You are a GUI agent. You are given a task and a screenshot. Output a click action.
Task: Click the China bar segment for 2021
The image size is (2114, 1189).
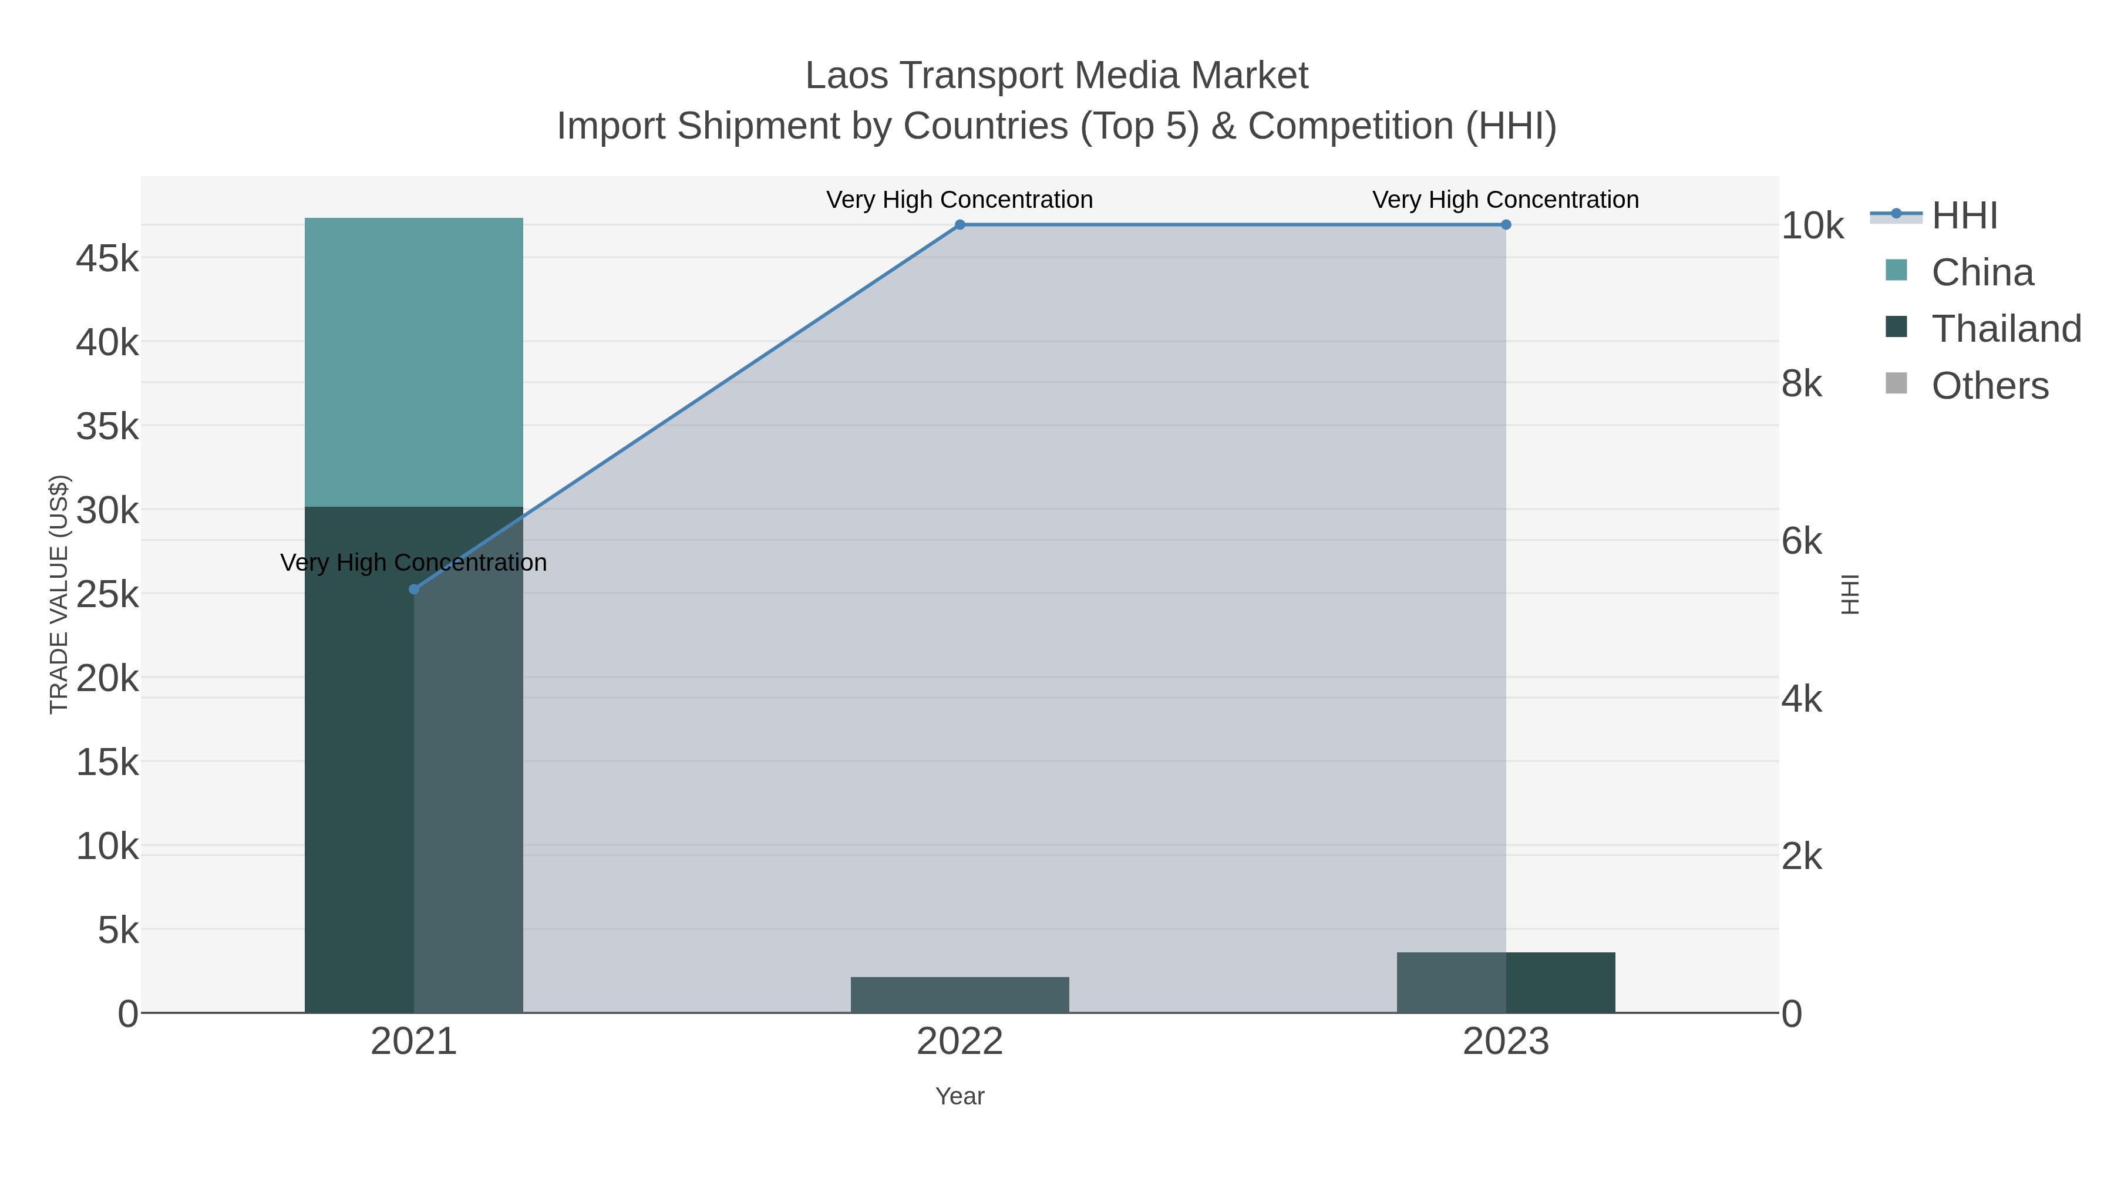click(413, 362)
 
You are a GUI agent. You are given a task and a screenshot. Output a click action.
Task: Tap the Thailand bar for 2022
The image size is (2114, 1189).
click(960, 995)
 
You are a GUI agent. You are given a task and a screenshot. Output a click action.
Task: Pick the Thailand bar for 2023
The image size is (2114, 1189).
click(1506, 982)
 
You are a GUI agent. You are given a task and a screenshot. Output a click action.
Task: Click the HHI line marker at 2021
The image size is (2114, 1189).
click(413, 589)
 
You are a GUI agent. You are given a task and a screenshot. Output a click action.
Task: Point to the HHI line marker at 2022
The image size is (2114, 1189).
click(960, 225)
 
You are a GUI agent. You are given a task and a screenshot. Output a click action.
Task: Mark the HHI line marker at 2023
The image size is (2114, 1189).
click(1506, 225)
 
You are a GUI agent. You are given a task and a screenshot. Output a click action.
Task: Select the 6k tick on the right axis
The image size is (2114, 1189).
click(1802, 541)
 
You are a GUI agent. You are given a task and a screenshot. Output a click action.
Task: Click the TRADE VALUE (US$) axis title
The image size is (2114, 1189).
click(59, 594)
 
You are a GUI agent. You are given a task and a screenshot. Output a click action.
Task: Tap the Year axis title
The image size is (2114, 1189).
click(960, 1096)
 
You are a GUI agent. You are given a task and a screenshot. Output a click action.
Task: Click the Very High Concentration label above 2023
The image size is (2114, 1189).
click(1505, 200)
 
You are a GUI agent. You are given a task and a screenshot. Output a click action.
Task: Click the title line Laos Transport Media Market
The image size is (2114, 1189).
click(1056, 76)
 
